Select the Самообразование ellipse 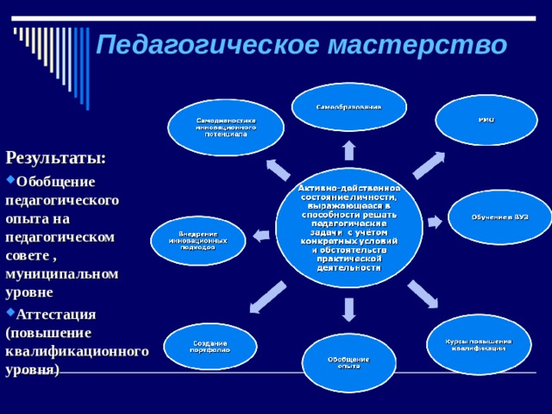click(348, 107)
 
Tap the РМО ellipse click(486, 120)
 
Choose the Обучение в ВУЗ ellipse click(499, 217)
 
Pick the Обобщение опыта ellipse click(348, 362)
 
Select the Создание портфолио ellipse click(210, 346)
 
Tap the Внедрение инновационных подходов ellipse click(198, 241)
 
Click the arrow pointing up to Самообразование click(348, 150)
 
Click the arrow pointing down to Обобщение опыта click(348, 309)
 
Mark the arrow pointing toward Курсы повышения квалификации click(422, 293)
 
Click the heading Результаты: click(56, 158)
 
